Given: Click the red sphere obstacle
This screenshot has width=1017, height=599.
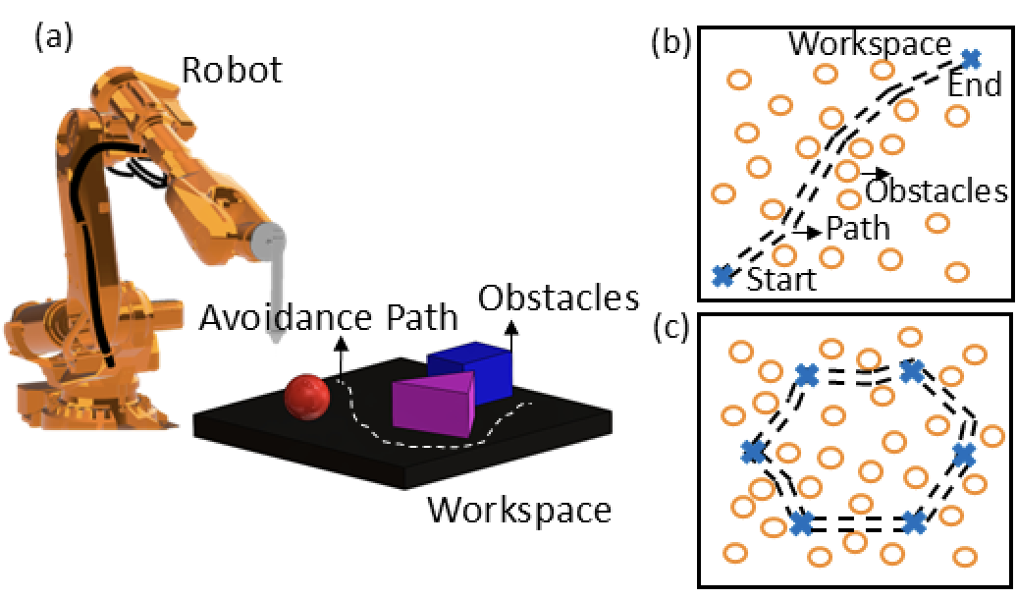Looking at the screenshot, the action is click(307, 397).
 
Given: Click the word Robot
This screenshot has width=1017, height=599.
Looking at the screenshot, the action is click(232, 70).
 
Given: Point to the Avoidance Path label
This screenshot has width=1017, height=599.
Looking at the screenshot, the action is click(328, 318).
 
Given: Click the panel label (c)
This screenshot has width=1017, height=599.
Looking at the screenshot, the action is click(671, 329).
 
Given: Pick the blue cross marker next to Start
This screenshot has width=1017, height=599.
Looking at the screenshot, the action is click(723, 275).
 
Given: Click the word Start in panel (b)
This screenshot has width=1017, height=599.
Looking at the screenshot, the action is click(781, 280).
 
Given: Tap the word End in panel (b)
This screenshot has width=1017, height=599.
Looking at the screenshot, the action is click(975, 85).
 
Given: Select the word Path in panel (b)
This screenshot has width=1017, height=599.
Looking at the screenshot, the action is click(857, 229).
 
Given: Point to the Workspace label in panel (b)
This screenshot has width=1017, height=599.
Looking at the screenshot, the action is click(870, 44).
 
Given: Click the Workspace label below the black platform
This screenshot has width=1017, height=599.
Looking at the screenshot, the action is click(519, 510).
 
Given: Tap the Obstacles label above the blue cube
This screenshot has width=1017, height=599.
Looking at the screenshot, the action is click(559, 298).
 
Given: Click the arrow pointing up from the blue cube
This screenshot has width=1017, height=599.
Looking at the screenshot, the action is click(511, 336).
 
